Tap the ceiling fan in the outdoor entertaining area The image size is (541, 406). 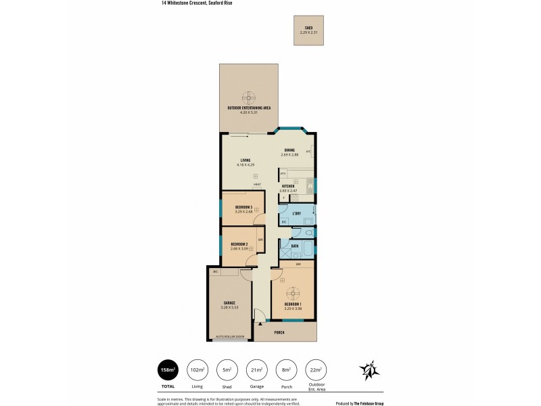click(x=249, y=97)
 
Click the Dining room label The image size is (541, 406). click(x=289, y=150)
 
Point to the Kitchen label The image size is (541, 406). click(x=288, y=186)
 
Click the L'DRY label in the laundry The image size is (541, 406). click(x=296, y=212)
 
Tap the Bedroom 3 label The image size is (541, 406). click(x=243, y=207)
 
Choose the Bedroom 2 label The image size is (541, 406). click(x=239, y=244)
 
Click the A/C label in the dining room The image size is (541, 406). click(x=308, y=151)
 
